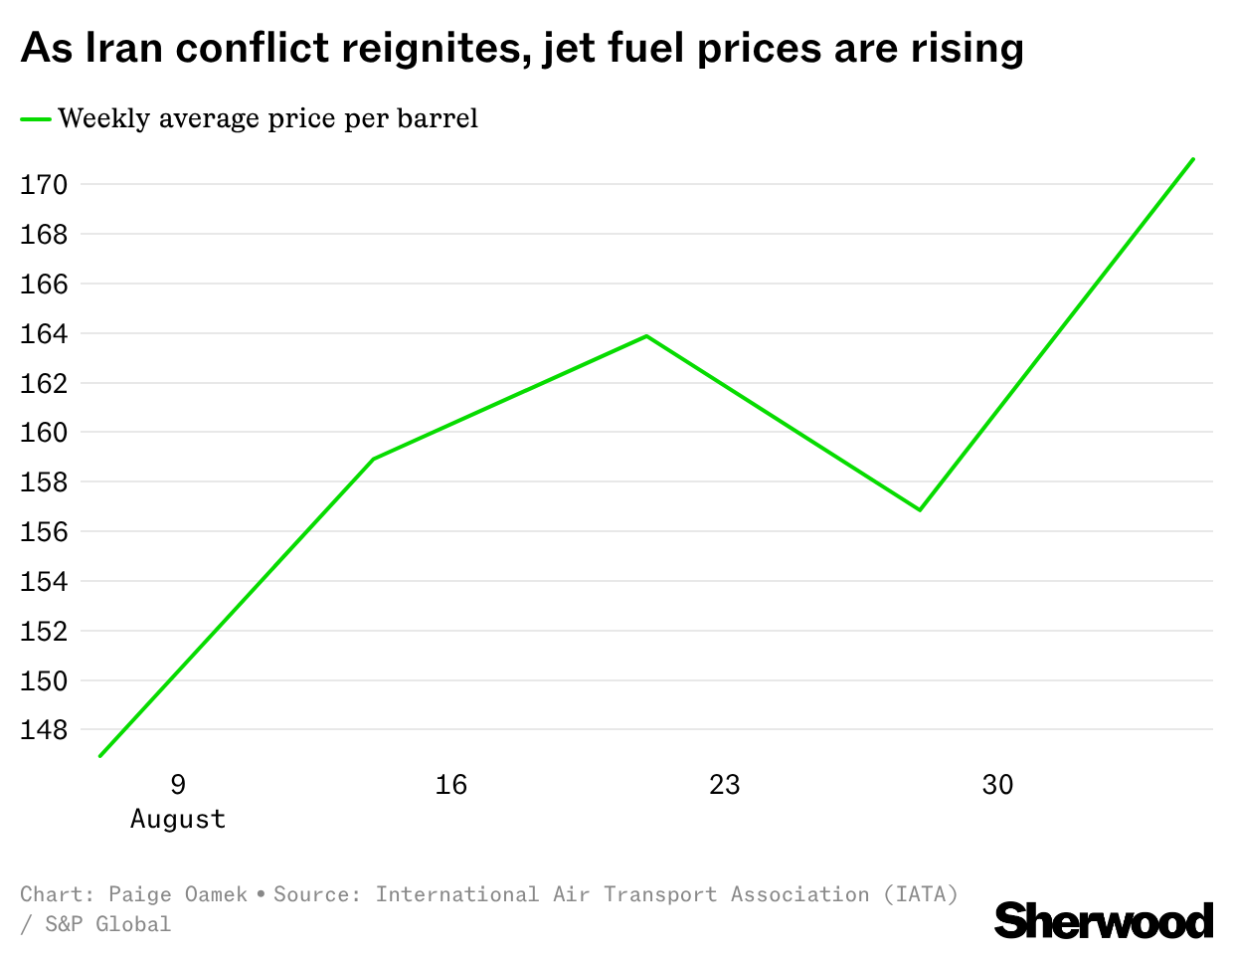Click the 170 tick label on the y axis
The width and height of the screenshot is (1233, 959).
coord(44,184)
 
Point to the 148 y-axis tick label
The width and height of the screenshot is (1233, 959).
coord(44,730)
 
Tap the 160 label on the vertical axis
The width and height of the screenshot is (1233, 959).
coord(44,433)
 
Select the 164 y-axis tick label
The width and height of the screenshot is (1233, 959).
coord(44,333)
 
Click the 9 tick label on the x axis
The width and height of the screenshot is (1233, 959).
coord(178,785)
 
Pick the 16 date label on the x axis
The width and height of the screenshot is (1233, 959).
coord(451,785)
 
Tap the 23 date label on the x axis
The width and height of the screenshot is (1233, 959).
coord(725,785)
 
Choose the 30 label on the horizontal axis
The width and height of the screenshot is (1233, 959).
coord(997,785)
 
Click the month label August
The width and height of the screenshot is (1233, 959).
coord(178,820)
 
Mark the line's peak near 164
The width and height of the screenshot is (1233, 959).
coord(646,336)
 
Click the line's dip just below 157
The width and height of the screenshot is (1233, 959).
coord(920,509)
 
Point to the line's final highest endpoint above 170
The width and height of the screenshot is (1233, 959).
coord(1193,159)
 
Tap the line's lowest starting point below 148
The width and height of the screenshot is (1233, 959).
coord(99,756)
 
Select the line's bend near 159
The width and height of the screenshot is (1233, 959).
coord(373,459)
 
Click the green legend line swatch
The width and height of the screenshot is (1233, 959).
coord(36,119)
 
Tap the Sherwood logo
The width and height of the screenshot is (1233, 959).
coord(1104,920)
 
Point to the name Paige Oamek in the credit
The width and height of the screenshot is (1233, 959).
coord(178,895)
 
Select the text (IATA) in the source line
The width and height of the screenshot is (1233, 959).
coord(921,895)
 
